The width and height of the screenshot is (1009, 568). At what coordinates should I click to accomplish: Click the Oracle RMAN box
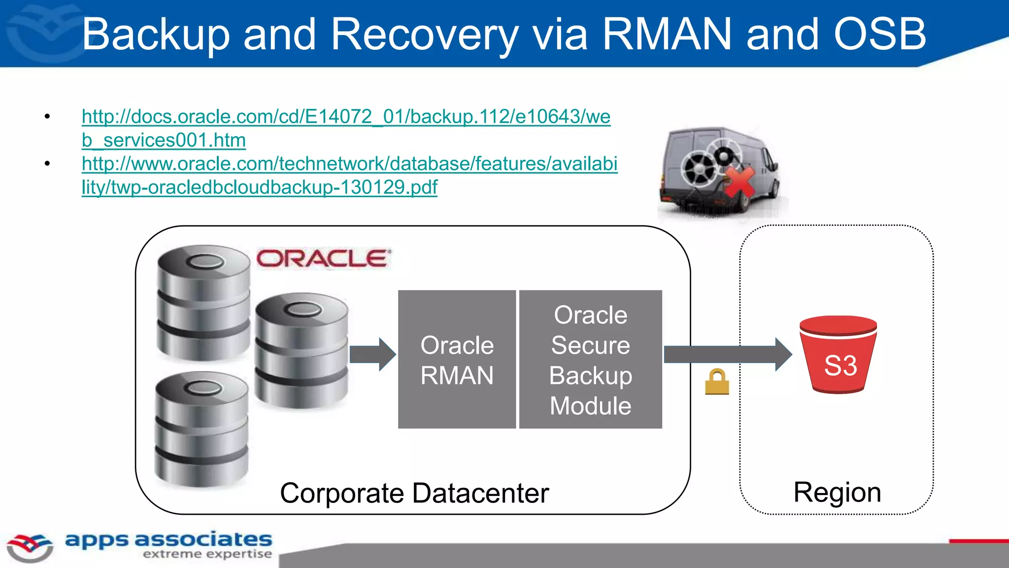click(x=457, y=359)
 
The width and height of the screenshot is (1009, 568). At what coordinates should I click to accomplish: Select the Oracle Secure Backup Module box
click(x=590, y=359)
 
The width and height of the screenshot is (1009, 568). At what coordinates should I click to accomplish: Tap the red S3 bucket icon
click(x=839, y=355)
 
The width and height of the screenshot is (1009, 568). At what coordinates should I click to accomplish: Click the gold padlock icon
click(x=717, y=382)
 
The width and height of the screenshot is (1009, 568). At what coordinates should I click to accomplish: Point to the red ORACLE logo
click(x=323, y=259)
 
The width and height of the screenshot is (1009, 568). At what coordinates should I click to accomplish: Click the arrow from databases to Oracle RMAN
click(x=372, y=354)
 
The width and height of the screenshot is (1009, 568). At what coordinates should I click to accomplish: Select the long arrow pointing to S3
click(x=727, y=354)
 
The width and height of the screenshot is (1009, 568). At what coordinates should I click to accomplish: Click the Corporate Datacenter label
click(x=414, y=493)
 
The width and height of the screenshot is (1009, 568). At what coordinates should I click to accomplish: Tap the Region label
click(x=837, y=492)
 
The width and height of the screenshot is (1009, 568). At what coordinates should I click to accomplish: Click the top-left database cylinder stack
click(x=203, y=302)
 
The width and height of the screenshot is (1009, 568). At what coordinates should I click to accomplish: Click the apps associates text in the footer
click(x=168, y=539)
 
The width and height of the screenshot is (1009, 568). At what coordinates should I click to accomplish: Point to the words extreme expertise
click(x=207, y=554)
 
